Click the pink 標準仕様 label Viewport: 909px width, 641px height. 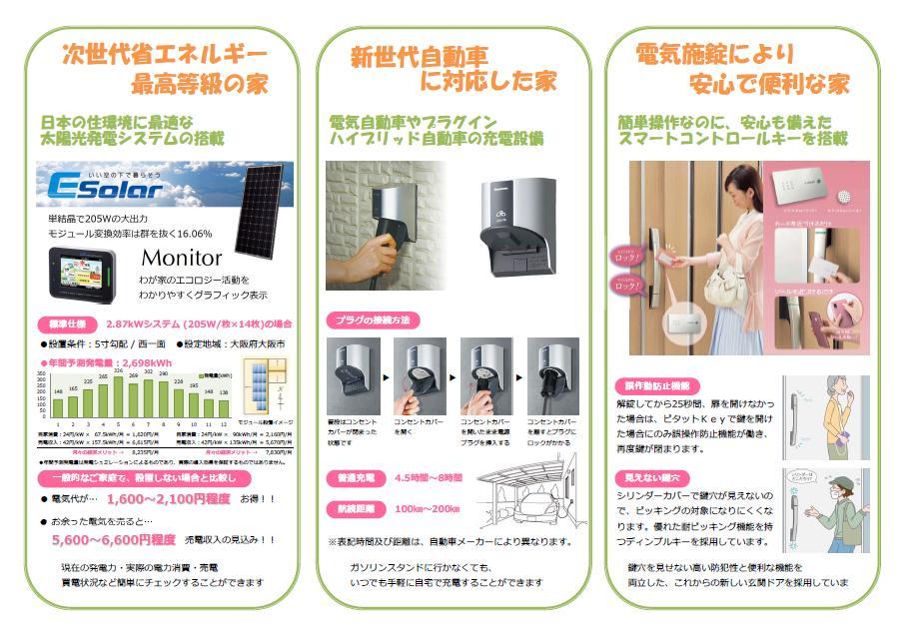[70, 323]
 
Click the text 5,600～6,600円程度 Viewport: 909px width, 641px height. [113, 538]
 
